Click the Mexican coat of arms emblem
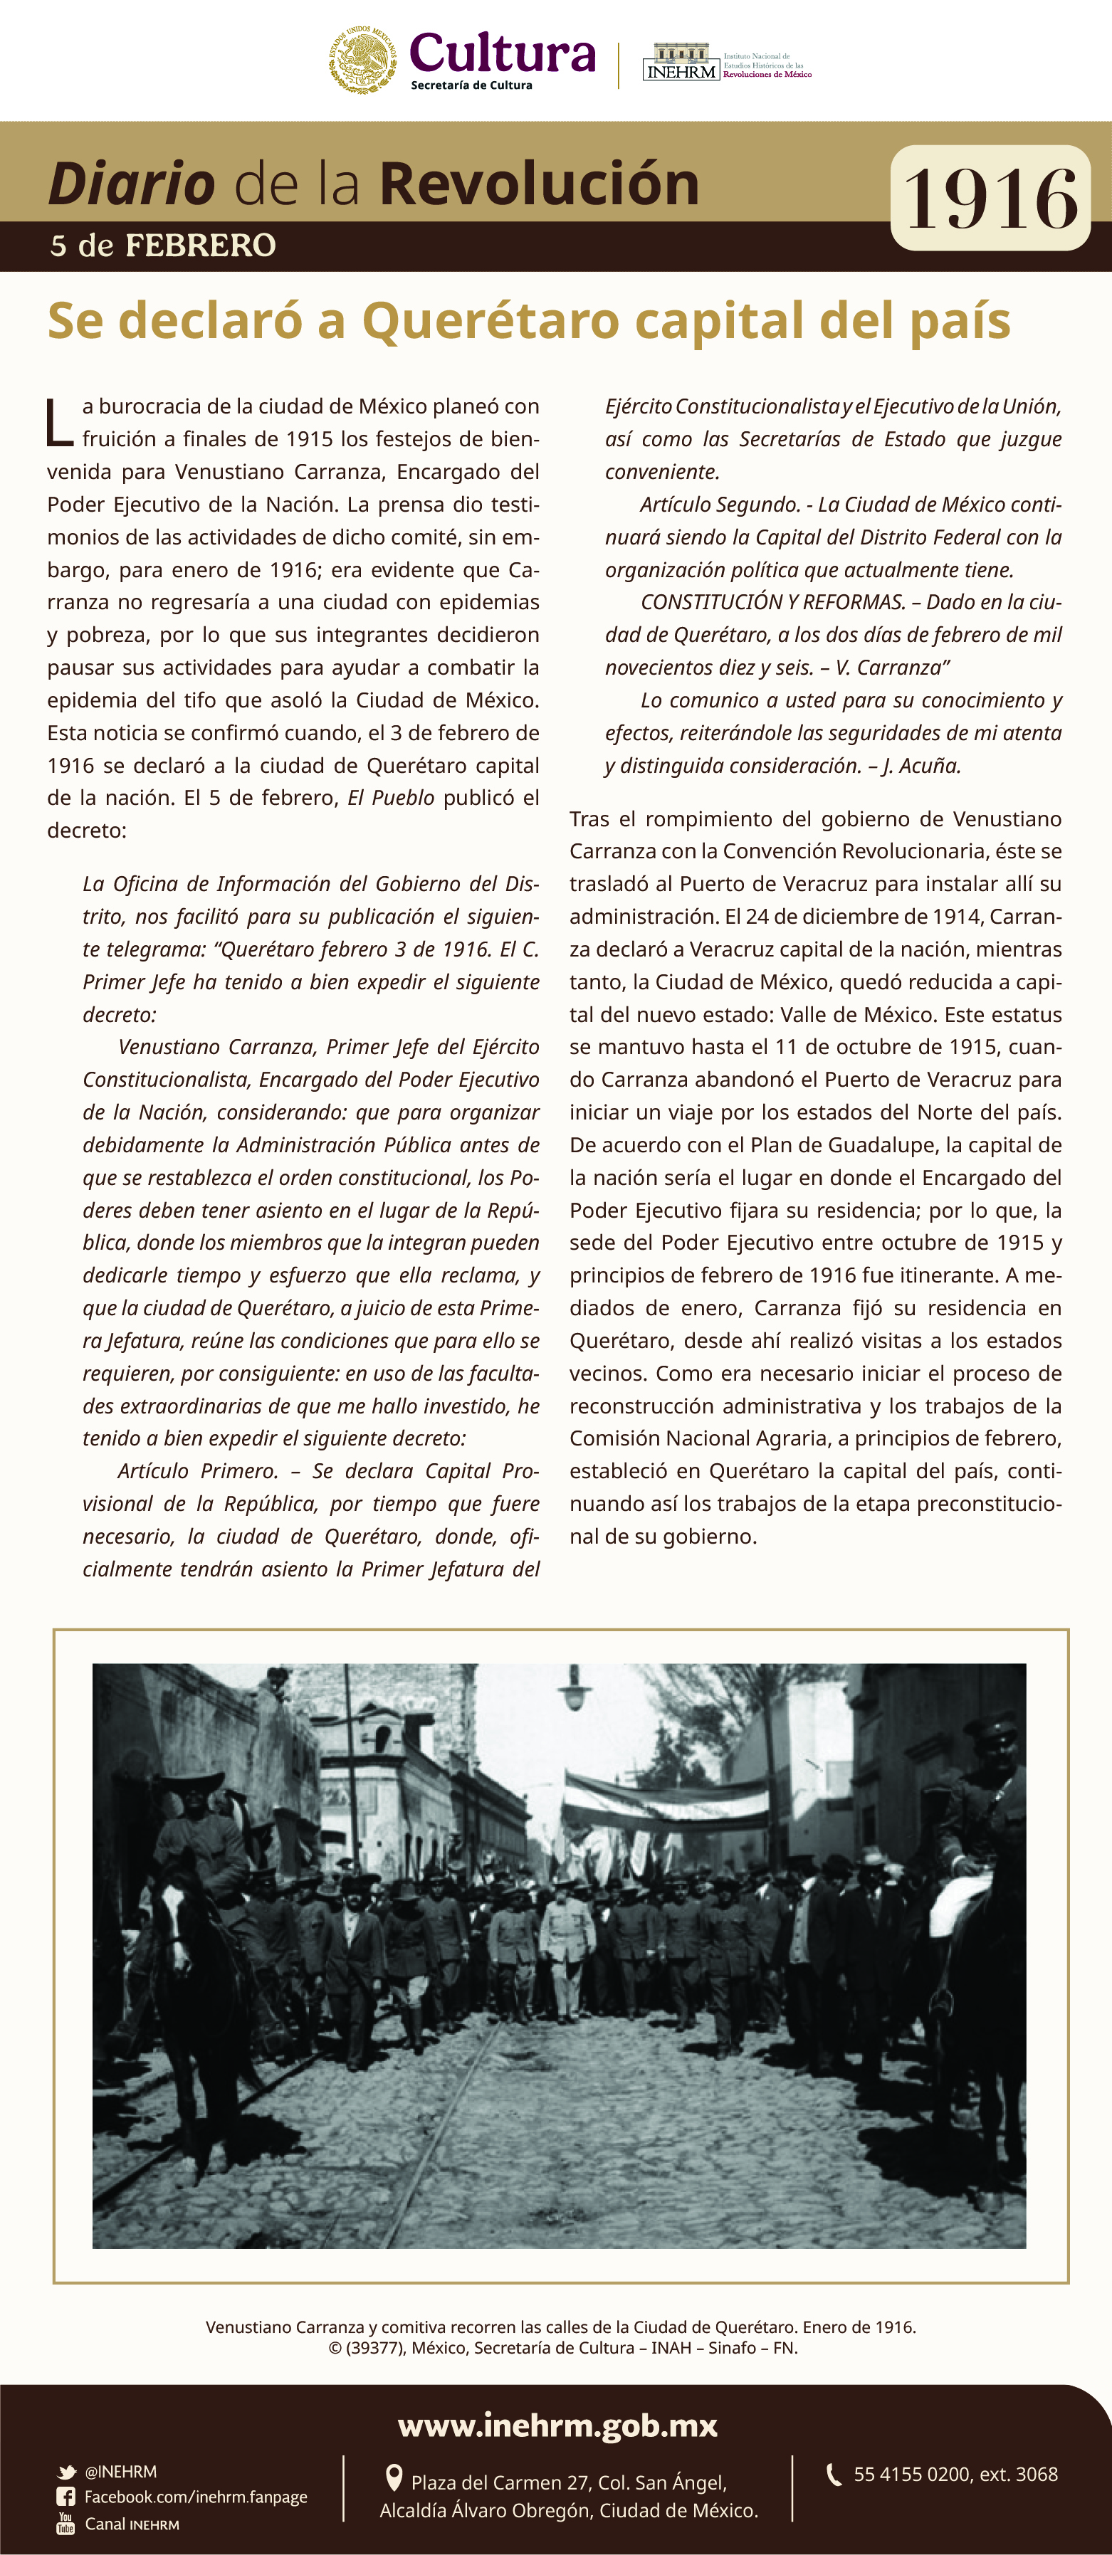pos(362,60)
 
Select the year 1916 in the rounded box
pos(990,199)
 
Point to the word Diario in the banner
pos(131,184)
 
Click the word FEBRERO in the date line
pos(200,245)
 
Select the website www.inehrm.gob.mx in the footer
pos(557,2426)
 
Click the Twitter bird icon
pos(66,2472)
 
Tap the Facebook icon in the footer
pos(65,2497)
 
